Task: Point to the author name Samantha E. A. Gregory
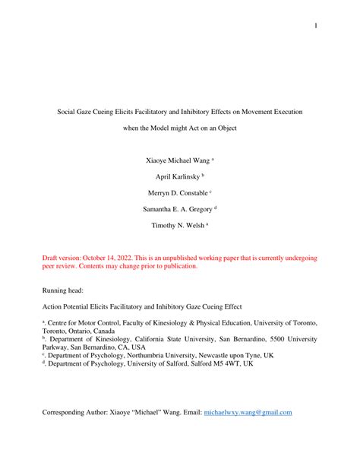(177, 208)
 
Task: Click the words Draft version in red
(64, 258)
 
